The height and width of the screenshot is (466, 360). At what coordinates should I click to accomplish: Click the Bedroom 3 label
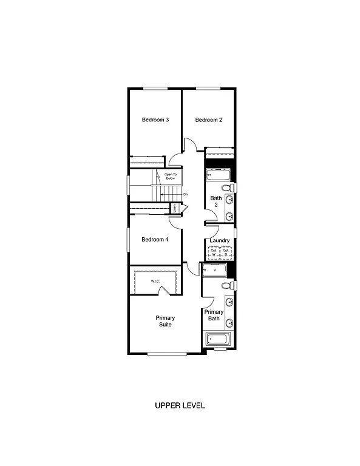pos(155,120)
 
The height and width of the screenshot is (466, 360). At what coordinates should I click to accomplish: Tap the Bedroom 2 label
pos(208,120)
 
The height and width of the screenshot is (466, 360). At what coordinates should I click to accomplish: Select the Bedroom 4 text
pos(155,240)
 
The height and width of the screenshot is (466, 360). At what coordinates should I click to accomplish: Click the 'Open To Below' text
pos(170,177)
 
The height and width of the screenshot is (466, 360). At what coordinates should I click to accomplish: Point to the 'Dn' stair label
pos(185,194)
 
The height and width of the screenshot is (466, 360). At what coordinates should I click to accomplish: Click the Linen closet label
pos(175,208)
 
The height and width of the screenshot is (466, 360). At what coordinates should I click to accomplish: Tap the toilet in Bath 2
pos(229,187)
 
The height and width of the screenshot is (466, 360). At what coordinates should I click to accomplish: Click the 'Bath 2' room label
pos(216,201)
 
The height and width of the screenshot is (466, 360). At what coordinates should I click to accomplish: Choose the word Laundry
pos(219,241)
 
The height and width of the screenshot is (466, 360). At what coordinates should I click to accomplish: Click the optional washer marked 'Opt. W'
pos(214,252)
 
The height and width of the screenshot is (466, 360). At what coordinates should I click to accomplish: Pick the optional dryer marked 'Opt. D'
pos(225,252)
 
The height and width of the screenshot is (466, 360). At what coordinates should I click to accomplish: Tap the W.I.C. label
pos(156,281)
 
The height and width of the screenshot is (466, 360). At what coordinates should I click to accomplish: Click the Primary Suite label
pos(165,321)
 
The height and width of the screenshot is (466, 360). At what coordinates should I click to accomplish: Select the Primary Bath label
pos(214,315)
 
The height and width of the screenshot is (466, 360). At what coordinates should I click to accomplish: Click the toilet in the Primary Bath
pos(227,285)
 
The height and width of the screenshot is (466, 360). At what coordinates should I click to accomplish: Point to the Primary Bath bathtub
pos(217,339)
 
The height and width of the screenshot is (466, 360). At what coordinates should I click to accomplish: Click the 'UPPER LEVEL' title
pos(180,405)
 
